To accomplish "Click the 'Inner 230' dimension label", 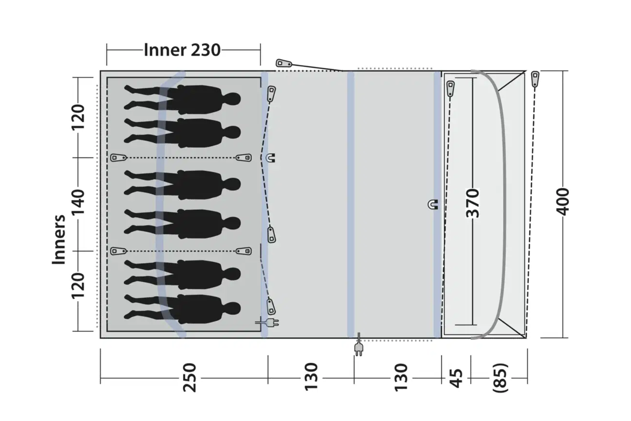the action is tap(182, 50).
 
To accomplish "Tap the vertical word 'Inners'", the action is tap(59, 239).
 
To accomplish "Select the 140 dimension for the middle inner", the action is tap(78, 202).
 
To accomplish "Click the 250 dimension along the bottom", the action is tap(189, 378).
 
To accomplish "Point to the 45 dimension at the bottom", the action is tap(456, 378).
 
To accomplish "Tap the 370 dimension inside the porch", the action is tap(473, 203).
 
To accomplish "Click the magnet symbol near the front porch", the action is tap(433, 204).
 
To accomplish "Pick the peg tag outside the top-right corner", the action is tap(535, 79).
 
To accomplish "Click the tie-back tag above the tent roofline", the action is tap(284, 63).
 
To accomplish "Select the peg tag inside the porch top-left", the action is tap(450, 88).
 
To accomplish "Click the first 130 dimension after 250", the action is tap(311, 377).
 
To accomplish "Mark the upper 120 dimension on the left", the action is tap(78, 117).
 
